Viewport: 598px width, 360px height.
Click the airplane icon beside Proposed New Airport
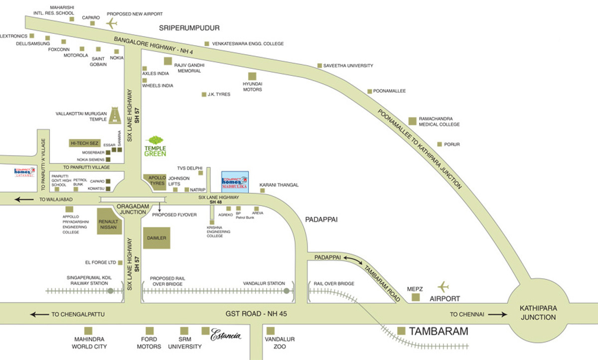(111, 23)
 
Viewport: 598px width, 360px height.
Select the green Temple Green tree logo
(155, 141)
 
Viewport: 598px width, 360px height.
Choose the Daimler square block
(156, 238)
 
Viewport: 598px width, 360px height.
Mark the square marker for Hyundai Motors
(252, 76)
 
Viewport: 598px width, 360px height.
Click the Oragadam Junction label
(132, 209)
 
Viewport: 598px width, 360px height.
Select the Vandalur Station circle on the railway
(286, 290)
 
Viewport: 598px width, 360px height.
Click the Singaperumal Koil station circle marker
(111, 290)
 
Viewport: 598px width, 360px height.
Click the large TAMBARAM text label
(439, 331)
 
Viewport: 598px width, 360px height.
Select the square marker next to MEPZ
(415, 297)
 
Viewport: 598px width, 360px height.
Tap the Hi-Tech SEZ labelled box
(85, 143)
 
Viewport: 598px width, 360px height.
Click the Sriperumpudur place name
(189, 28)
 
